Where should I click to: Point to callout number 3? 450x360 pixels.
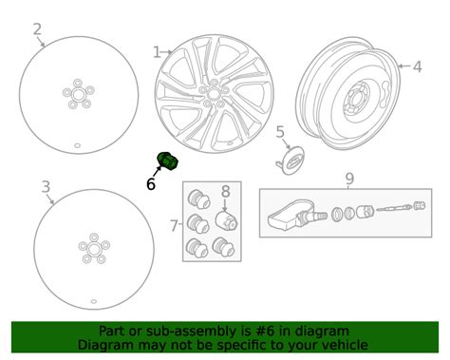coord(45,187)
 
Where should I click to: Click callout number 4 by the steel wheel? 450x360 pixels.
coord(416,66)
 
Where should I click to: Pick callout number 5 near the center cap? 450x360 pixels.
coord(280,131)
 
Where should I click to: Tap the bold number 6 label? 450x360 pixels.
coord(151,183)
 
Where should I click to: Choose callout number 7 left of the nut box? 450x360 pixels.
coord(174,226)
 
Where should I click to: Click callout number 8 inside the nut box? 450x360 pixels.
coord(225,192)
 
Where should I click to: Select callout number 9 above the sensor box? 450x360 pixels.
coord(348,178)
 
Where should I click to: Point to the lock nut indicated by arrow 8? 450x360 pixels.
coord(227,221)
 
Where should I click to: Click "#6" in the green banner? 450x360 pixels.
coord(268,331)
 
